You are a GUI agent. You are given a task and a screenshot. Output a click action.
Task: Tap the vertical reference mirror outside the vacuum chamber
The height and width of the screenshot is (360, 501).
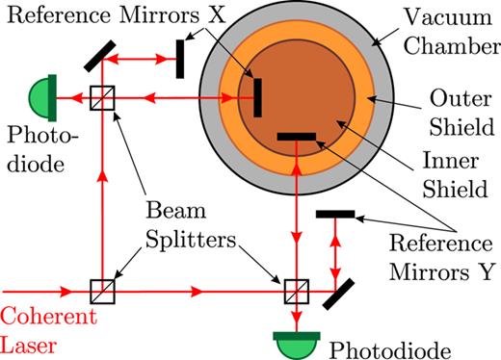tap(180, 57)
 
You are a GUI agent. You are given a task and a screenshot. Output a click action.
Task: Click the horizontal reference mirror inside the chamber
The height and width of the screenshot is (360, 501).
tap(296, 138)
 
